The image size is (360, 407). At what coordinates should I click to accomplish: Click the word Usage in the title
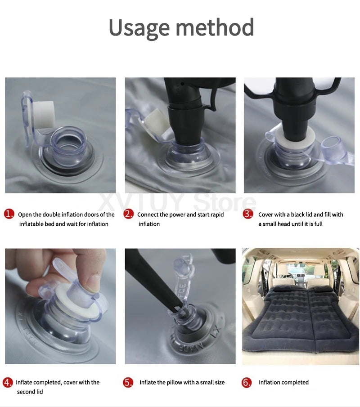[139, 28]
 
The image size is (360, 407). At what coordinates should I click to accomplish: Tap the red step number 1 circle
[9, 214]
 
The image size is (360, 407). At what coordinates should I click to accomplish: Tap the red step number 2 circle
[128, 214]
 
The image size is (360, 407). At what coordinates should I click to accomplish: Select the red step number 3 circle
[248, 214]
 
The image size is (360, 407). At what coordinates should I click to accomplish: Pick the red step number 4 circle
[8, 382]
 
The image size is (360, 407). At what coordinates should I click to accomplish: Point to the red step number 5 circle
[128, 382]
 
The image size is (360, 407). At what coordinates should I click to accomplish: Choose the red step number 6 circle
[247, 382]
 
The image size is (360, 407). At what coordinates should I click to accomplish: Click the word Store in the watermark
[225, 202]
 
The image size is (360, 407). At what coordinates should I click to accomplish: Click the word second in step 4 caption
[26, 392]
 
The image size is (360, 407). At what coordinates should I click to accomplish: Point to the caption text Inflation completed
[283, 382]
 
